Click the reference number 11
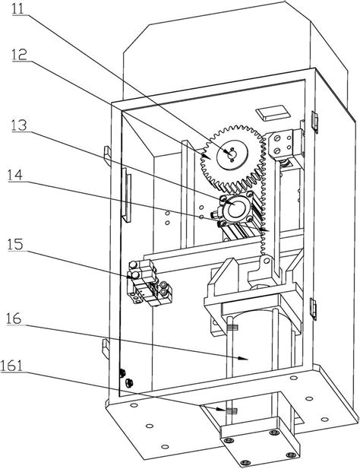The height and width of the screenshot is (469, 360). click(x=18, y=8)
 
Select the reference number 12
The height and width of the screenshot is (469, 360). click(x=20, y=55)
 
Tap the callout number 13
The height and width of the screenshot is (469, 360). click(x=19, y=125)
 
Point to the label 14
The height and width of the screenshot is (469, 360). click(x=15, y=174)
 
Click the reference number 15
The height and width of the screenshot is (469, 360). click(x=15, y=244)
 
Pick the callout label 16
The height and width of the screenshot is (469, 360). click(x=14, y=318)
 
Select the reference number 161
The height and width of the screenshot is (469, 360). click(x=11, y=365)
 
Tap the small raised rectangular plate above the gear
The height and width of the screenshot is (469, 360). click(x=273, y=112)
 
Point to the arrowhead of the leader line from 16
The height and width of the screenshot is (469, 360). click(x=245, y=358)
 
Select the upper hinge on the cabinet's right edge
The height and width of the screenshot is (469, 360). click(x=314, y=122)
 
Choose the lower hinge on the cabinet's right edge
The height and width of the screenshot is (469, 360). click(x=314, y=309)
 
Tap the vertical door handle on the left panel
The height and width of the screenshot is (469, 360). click(x=127, y=195)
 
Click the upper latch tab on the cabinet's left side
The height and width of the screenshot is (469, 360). click(x=107, y=156)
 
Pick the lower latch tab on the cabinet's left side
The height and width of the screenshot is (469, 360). click(x=106, y=348)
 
